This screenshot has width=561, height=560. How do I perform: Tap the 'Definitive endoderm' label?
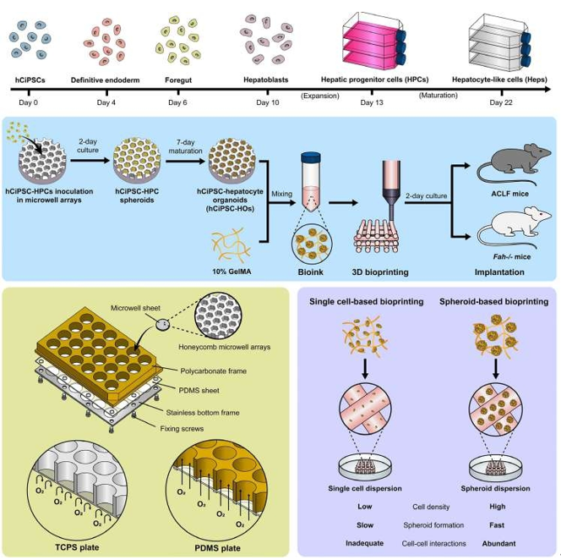click(x=106, y=78)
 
